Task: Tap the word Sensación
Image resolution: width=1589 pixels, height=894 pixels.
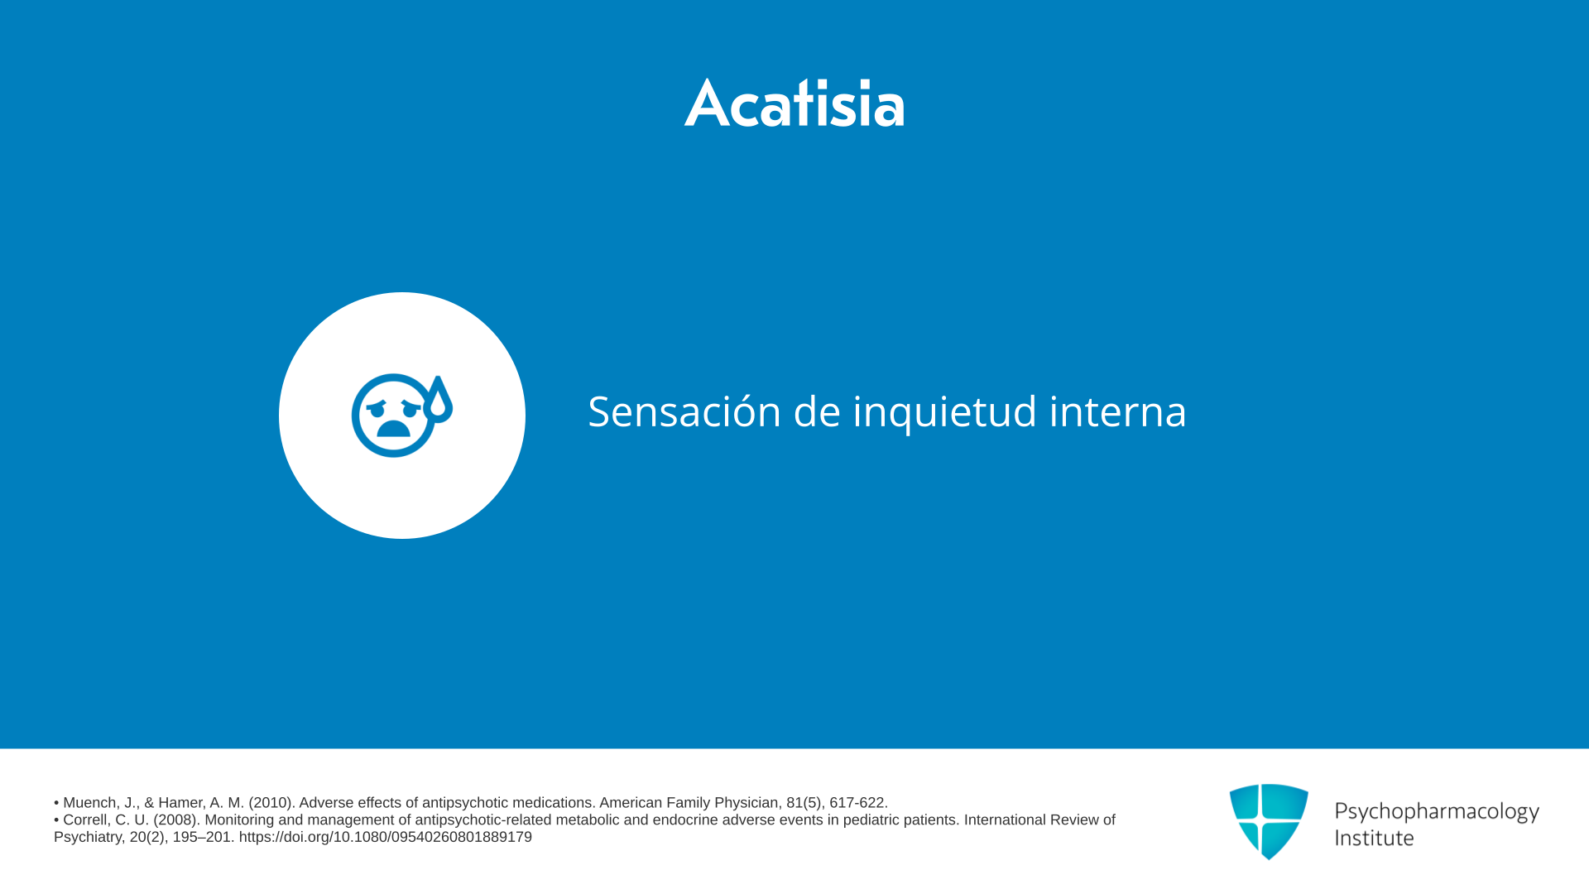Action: (684, 411)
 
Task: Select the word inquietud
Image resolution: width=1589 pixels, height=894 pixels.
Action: (944, 411)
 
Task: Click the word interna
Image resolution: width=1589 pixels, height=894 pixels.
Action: (1118, 411)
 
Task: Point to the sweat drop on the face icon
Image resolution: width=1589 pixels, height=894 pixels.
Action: (438, 399)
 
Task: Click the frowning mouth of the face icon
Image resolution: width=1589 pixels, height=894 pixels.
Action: (393, 428)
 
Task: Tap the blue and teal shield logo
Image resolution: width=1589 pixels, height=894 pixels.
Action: (1269, 821)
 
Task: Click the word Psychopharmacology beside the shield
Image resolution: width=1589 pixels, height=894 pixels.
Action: (1437, 811)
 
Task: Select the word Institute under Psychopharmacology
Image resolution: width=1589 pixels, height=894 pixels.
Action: (1375, 838)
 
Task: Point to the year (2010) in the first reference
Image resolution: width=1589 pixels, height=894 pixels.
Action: (271, 803)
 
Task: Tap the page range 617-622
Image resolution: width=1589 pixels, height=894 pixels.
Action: (859, 803)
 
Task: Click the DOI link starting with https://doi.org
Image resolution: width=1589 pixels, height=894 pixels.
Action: (386, 838)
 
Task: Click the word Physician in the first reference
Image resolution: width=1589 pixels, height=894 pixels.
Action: (747, 803)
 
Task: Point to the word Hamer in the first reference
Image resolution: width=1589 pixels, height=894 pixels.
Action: (180, 803)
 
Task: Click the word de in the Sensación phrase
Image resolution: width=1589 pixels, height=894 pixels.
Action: (817, 411)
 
